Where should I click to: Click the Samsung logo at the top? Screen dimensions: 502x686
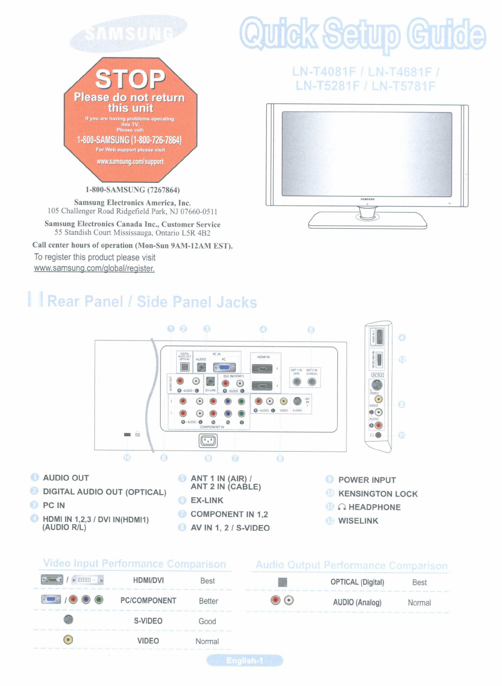[x=128, y=33]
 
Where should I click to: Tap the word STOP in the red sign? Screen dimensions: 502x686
[x=130, y=79]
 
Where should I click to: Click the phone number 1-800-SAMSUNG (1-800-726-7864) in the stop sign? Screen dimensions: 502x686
[x=129, y=140]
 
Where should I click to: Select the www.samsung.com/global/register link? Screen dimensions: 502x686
[x=94, y=268]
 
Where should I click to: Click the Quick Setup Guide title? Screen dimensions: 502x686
[x=363, y=34]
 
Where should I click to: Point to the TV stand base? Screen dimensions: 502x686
[x=368, y=220]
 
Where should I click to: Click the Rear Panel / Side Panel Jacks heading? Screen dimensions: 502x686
[x=152, y=302]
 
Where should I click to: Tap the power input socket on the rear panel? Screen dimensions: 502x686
[x=208, y=441]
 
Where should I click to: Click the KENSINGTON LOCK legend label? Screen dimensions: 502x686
[x=378, y=494]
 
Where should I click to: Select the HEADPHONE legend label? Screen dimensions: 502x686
[x=374, y=507]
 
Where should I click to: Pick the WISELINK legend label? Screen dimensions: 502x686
[x=358, y=521]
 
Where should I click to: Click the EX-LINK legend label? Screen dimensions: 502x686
[x=207, y=500]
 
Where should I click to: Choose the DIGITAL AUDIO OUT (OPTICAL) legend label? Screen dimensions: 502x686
[x=105, y=492]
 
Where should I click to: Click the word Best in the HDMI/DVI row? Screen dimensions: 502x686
[x=207, y=581]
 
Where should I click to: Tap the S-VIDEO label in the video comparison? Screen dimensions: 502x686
[x=148, y=621]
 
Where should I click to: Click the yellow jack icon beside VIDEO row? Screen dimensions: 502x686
[x=68, y=640]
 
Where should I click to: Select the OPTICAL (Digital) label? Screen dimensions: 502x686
[x=357, y=582]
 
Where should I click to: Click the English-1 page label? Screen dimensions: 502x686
[x=245, y=661]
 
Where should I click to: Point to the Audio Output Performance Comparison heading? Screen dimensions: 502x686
[x=352, y=565]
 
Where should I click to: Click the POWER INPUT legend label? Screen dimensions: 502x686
[x=367, y=480]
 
